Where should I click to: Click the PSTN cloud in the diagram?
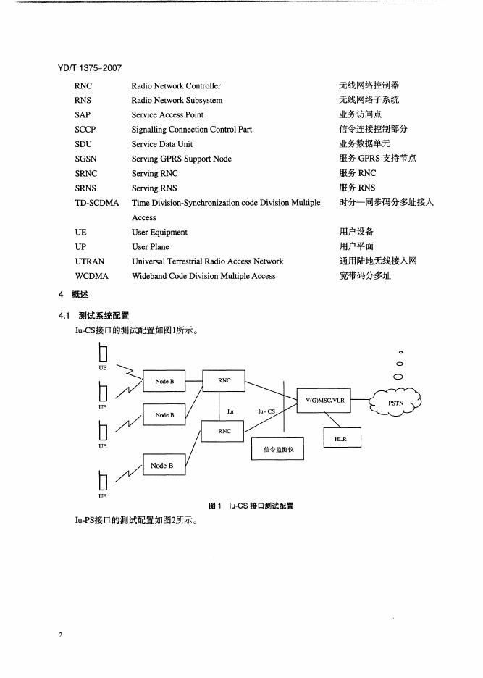(x=396, y=402)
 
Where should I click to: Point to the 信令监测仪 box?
(x=278, y=449)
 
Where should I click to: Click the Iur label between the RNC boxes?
(x=231, y=411)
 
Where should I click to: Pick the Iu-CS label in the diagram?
(x=266, y=411)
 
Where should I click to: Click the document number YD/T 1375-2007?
(x=89, y=69)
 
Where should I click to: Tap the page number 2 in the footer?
(x=62, y=635)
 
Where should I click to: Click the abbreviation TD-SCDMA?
(x=96, y=203)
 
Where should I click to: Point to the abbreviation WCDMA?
(x=91, y=276)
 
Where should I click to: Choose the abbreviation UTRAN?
(x=90, y=261)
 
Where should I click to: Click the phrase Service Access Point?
(x=167, y=115)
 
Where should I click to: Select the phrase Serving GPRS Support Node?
(x=182, y=159)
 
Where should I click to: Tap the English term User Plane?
(x=150, y=247)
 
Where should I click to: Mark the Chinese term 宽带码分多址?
(x=365, y=276)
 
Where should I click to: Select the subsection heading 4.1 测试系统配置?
(x=93, y=316)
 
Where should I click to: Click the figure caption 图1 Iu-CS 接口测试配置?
(x=251, y=506)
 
